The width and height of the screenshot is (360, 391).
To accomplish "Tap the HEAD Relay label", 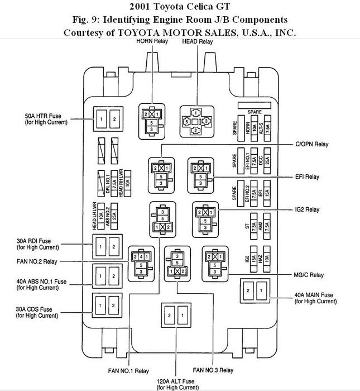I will point(198,41).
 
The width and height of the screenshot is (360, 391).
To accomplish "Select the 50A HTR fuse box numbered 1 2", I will point(107,120).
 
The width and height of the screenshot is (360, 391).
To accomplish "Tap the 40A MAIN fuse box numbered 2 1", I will point(255,292).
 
